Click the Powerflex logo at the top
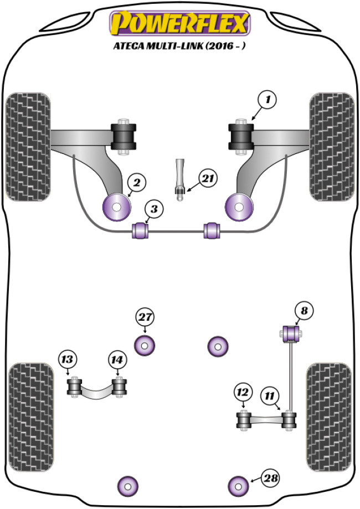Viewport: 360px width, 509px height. pos(179,23)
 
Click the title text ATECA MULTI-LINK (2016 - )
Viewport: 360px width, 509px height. pos(180,47)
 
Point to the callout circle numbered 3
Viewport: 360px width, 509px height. pos(155,209)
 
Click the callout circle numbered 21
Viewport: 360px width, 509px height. pos(208,178)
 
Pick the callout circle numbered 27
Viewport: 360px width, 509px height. pos(145,318)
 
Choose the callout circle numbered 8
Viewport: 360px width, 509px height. pos(304,312)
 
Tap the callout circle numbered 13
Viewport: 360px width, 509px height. pos(67,360)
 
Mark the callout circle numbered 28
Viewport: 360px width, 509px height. pos(271,477)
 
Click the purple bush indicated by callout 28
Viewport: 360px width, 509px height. pos(239,486)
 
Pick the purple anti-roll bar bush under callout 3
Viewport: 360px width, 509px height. pos(141,230)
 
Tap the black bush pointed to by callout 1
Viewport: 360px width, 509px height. pos(241,137)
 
